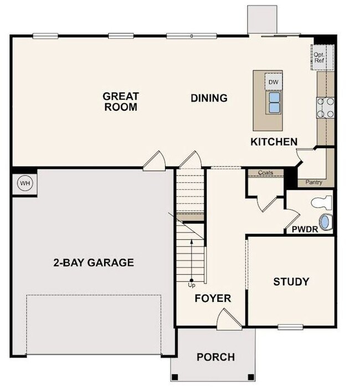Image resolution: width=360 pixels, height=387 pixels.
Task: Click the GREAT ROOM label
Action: tap(120, 102)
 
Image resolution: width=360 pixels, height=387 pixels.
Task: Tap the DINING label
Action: tap(209, 99)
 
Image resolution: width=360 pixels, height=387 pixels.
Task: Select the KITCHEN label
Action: tap(274, 142)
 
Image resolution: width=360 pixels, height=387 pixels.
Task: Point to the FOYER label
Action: tap(212, 298)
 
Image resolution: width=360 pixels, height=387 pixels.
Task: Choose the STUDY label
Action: tap(291, 282)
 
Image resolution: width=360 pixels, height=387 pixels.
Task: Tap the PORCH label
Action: tap(215, 357)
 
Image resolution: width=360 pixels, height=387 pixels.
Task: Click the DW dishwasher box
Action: tap(273, 82)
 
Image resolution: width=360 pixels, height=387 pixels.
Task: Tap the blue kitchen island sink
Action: tap(274, 101)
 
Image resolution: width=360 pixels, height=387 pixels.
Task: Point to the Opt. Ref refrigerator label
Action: tap(320, 58)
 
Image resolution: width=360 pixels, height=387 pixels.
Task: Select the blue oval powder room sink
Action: tap(327, 223)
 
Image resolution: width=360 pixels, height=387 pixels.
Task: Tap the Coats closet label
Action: tap(265, 173)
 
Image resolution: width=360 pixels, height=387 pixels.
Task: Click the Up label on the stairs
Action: tap(192, 285)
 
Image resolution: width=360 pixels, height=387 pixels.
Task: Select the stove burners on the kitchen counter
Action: tap(325, 107)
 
